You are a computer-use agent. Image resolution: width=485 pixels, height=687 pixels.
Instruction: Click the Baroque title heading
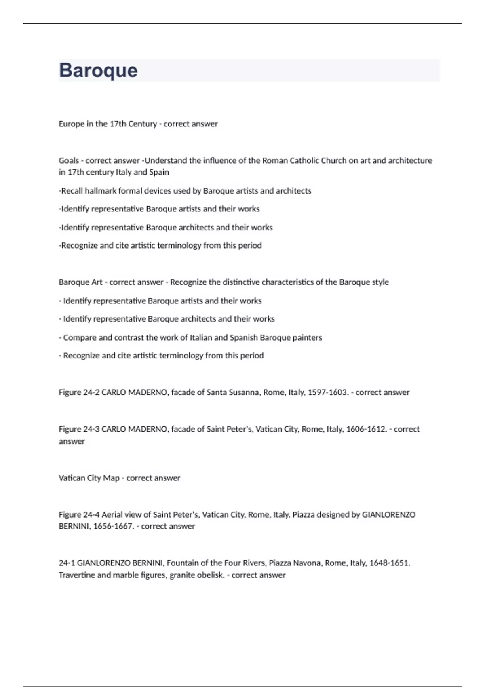(98, 70)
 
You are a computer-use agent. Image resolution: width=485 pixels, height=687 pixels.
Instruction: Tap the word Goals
(69, 161)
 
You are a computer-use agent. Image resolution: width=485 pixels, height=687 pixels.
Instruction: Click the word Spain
(159, 172)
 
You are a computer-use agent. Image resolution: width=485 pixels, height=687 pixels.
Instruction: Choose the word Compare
(80, 337)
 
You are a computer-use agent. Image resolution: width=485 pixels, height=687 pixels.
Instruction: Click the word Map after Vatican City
(111, 478)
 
